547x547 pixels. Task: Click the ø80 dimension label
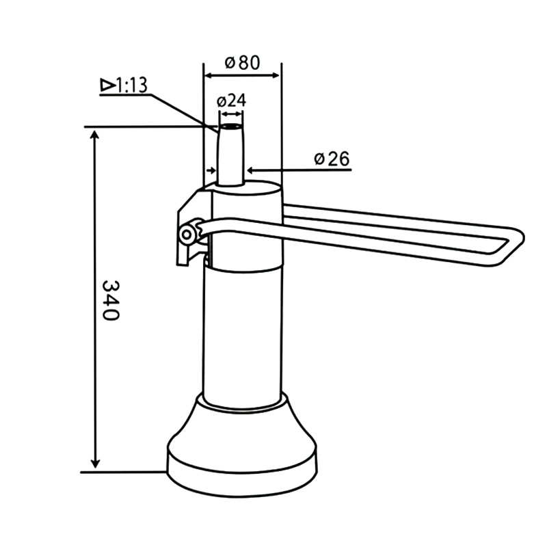242,63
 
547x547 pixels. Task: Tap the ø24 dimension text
231,101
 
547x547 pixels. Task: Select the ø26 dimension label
332,159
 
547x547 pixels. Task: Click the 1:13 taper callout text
131,85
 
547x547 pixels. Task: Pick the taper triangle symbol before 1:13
107,85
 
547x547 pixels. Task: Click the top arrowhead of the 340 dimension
95,133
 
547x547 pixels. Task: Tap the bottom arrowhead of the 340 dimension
95,465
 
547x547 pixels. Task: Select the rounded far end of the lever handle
514,240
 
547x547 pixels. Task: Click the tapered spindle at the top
230,154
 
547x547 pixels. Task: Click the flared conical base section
243,424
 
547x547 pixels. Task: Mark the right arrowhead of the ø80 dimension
276,73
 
